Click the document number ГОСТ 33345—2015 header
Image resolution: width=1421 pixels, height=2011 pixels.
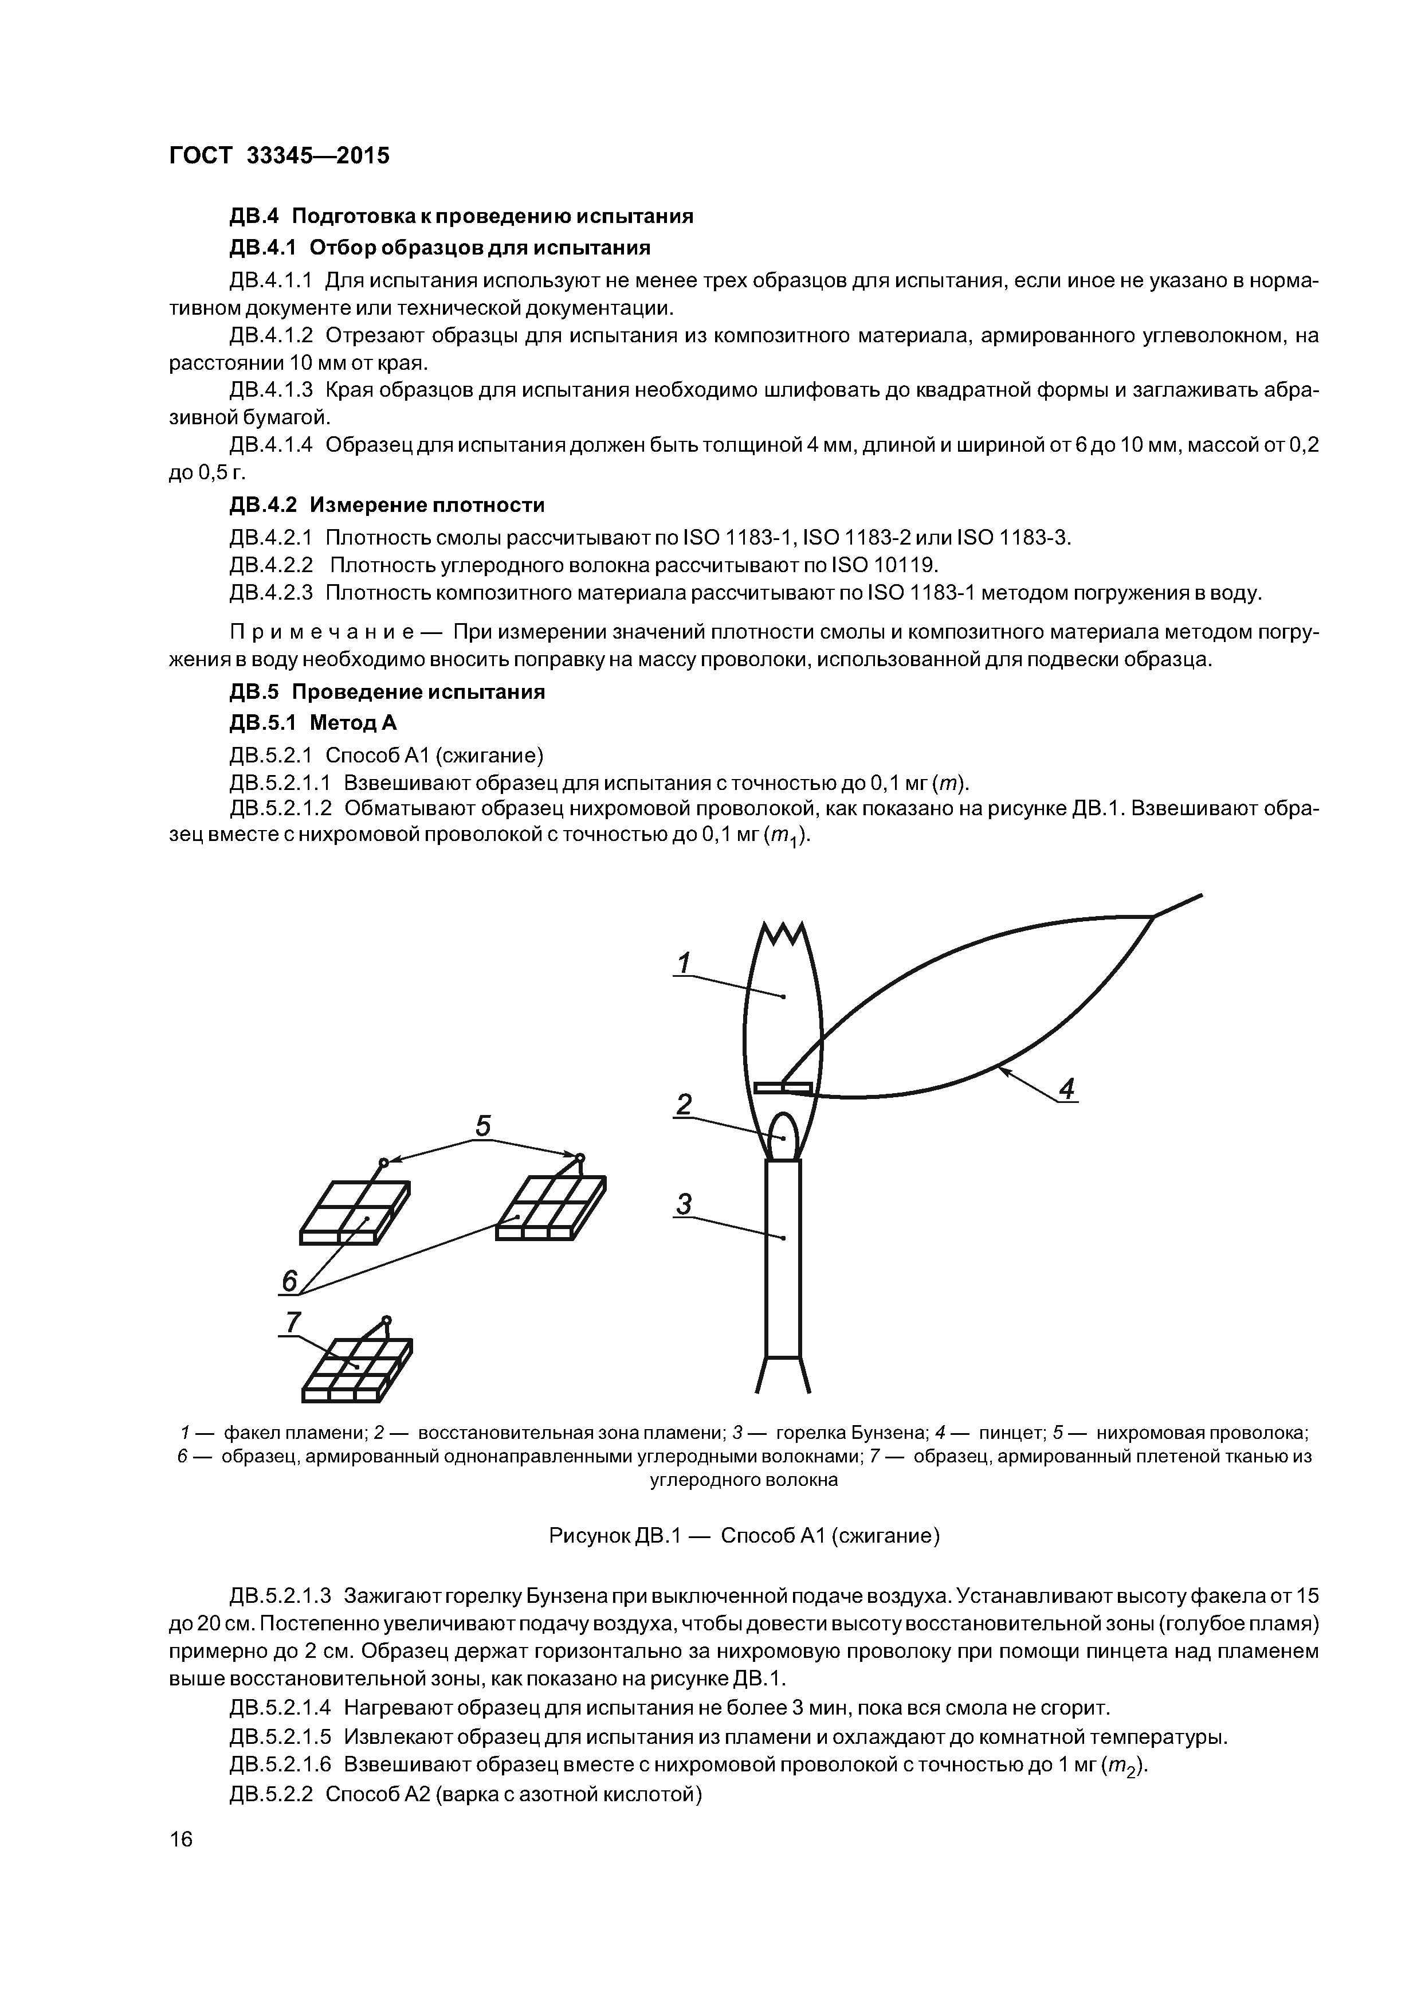(x=278, y=156)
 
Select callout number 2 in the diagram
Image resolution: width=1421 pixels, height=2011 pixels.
(x=684, y=1105)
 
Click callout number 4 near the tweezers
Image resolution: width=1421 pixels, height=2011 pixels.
(x=1066, y=1089)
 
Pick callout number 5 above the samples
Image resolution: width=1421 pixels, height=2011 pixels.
(x=482, y=1125)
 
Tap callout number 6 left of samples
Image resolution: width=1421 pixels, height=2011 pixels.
(x=289, y=1281)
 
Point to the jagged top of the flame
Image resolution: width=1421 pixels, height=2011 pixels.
(x=783, y=936)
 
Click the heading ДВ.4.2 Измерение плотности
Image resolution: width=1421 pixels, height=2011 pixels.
(x=387, y=506)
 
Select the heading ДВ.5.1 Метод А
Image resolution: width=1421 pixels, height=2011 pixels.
(x=313, y=722)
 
